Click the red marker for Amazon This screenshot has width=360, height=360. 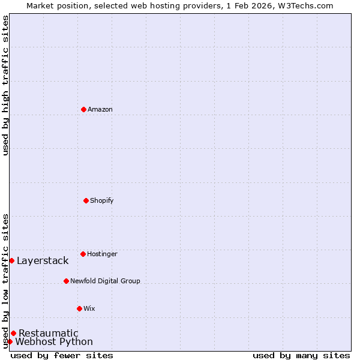tap(83, 109)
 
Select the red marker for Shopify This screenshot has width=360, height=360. tap(86, 200)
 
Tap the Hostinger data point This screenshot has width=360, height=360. tap(83, 254)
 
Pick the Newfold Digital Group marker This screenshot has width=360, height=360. tap(66, 281)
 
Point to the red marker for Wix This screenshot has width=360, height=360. tap(79, 308)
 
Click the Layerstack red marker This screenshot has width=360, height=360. tap(11, 260)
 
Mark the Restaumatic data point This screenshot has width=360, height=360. tap(13, 333)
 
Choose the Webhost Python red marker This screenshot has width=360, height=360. tap(10, 341)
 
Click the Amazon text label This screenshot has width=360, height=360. tap(100, 109)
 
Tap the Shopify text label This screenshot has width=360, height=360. tap(102, 200)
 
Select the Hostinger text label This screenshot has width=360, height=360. tap(102, 254)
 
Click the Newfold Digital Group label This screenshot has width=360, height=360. tap(105, 281)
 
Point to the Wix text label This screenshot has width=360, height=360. tap(89, 308)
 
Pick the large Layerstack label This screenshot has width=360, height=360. tap(43, 260)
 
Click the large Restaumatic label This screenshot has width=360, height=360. tap(49, 333)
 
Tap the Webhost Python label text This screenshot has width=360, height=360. tap(54, 342)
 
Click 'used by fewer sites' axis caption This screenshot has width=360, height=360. tap(62, 355)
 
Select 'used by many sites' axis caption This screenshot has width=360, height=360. tap(301, 355)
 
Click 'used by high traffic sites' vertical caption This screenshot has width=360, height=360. tap(5, 85)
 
